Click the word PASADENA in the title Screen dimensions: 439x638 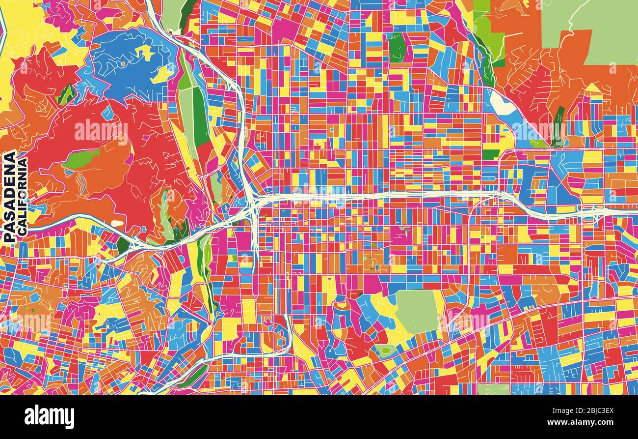coord(9,196)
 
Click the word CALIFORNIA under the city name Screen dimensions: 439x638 coord(22,196)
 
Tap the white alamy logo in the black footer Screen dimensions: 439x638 coord(49,417)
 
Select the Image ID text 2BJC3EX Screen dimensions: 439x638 coord(584,410)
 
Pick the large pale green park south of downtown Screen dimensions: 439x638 coord(417,311)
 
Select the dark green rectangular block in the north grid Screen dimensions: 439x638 coord(397,48)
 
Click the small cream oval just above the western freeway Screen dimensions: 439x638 coord(117,224)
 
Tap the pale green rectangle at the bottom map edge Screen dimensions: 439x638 coord(493,389)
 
